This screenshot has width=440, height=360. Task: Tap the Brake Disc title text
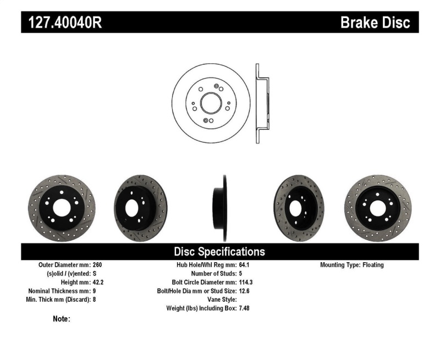375,23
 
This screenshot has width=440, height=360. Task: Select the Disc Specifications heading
219,252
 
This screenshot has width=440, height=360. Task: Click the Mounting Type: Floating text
352,265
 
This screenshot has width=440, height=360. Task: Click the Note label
62,319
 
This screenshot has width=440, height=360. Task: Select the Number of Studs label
212,274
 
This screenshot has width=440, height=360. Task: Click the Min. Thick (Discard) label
60,300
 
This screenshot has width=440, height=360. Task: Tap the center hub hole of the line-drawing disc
211,102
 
